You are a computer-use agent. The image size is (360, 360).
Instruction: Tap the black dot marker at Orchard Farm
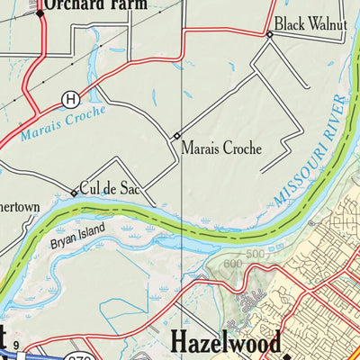40,13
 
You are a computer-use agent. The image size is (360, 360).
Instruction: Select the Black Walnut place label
310,23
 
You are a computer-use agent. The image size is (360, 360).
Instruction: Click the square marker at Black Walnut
269,34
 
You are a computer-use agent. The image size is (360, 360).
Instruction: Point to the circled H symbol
69,98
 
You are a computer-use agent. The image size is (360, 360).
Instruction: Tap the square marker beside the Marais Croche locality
176,136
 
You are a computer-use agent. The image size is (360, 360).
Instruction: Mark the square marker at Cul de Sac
74,193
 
